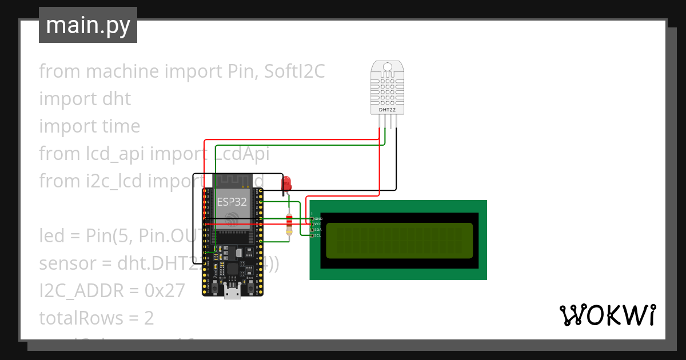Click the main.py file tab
tap(87, 25)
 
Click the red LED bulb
tap(286, 183)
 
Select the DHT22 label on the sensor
tap(387, 109)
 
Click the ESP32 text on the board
tap(232, 201)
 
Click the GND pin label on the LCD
tap(318, 219)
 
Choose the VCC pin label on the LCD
tap(318, 224)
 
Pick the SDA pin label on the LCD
tap(318, 230)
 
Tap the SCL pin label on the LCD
tap(318, 235)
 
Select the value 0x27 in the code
tap(165, 291)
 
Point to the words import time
tap(89, 126)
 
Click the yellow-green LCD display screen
tap(399, 240)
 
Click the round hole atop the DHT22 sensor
tap(387, 67)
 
